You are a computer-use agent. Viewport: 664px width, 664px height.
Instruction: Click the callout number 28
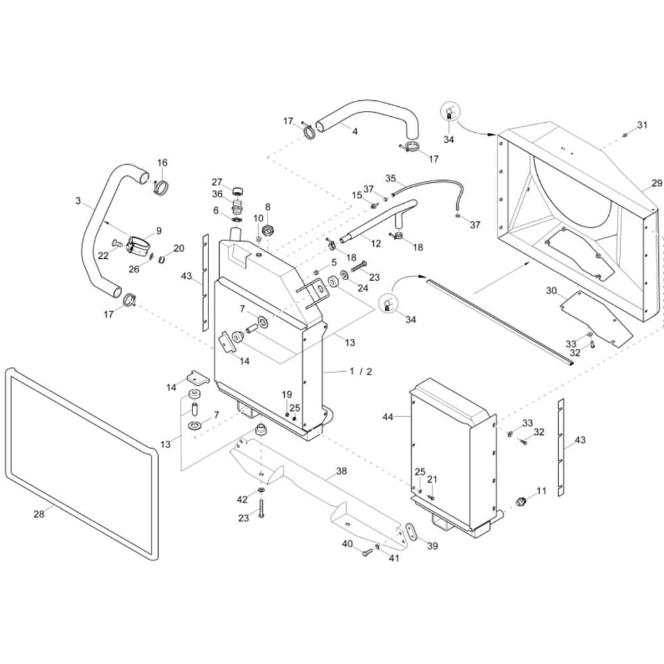39,514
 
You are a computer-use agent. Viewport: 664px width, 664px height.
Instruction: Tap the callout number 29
657,183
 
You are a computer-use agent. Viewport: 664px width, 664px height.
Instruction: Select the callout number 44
388,417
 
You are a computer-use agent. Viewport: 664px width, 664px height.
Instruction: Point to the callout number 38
341,471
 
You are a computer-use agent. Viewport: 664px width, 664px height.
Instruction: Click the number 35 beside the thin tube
390,178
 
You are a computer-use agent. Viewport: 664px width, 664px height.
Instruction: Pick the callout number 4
355,131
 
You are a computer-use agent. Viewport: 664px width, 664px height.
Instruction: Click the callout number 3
78,201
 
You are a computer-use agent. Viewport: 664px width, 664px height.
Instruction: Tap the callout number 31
642,125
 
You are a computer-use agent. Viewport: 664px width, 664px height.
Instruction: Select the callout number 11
542,491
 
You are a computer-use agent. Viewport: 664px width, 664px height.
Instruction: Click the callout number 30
551,291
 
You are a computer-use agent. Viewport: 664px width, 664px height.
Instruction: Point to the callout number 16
163,163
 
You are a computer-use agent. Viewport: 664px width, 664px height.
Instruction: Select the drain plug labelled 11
521,501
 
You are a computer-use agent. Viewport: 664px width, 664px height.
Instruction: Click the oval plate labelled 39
411,531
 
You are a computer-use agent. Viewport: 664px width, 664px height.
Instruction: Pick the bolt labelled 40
367,552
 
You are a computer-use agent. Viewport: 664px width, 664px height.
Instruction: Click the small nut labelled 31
625,135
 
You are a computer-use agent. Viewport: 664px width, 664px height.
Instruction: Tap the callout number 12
376,244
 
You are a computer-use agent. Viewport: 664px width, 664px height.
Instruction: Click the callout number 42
242,500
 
